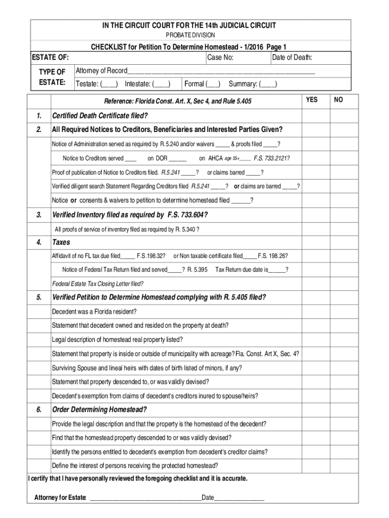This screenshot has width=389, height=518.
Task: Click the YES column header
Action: click(312, 100)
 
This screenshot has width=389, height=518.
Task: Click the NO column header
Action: click(338, 100)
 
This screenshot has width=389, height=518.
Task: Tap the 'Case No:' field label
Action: click(220, 58)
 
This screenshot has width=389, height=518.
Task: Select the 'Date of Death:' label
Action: click(292, 58)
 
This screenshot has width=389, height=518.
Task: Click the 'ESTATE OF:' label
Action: click(51, 58)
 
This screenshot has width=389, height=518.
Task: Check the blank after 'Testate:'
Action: click(110, 84)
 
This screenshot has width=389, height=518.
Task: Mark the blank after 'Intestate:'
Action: click(161, 84)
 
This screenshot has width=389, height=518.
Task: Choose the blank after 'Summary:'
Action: click(268, 84)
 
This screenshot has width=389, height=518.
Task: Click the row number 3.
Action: click(39, 215)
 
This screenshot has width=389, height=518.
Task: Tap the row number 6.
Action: click(39, 409)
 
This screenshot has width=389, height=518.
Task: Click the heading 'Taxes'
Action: click(61, 242)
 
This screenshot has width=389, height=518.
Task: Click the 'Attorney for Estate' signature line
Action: click(144, 499)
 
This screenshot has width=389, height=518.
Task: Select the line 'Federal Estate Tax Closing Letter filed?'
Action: click(98, 283)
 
